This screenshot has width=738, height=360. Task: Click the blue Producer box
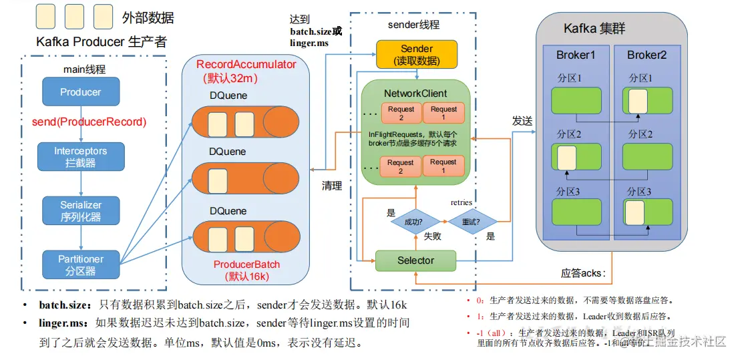80,92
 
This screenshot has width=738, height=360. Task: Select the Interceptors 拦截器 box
80,157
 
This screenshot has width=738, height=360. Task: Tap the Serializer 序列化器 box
80,210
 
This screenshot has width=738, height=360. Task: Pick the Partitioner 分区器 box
80,264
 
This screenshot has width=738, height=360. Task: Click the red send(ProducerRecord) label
89,123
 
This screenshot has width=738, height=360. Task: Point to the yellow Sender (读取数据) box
417,55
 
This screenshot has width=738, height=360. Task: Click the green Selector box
415,260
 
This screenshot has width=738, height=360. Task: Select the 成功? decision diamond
412,221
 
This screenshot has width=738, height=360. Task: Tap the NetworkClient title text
415,94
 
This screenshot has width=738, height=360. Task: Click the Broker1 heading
575,55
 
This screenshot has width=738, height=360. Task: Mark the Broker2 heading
647,55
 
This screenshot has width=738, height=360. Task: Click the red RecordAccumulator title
246,64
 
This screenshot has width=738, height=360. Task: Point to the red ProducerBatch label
246,264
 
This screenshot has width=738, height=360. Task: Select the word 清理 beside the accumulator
332,186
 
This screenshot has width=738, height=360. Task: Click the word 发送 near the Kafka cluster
522,121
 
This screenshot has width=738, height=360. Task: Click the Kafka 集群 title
594,29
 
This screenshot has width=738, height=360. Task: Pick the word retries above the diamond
462,202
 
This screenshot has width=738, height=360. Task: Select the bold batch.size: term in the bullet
64,305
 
